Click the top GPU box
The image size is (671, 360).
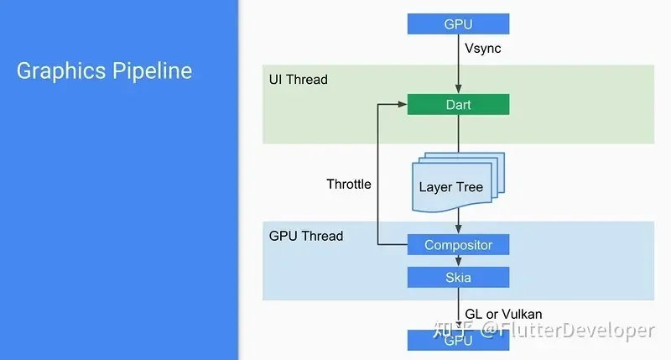tap(458, 23)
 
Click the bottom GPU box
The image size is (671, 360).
tap(458, 341)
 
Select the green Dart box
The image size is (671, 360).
tap(458, 105)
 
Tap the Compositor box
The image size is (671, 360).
tap(458, 244)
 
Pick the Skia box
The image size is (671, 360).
tap(458, 277)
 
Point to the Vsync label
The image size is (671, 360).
tap(484, 49)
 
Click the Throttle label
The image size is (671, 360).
tap(349, 184)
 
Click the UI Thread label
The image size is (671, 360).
tap(298, 79)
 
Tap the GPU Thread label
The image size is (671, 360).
tap(306, 236)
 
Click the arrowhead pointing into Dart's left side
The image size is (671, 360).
tap(403, 105)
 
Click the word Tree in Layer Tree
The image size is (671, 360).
tap(470, 186)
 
